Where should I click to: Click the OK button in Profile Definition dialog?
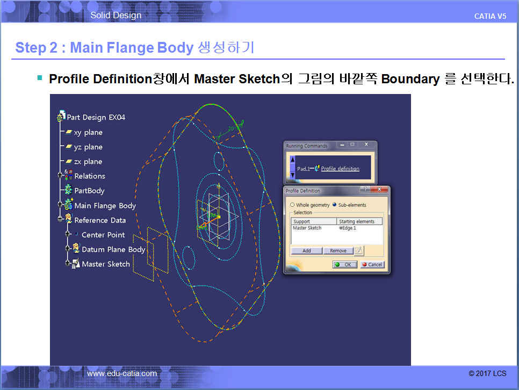point(344,264)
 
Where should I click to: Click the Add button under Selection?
point(306,251)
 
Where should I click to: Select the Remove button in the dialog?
point(338,251)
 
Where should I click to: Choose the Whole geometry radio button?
point(292,205)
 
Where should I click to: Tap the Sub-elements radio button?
point(334,205)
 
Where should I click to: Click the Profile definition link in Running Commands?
point(340,169)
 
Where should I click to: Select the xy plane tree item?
point(88,133)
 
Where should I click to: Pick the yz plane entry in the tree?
point(88,147)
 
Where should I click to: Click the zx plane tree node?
point(88,162)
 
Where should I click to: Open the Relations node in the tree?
point(90,176)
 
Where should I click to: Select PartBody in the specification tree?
point(89,191)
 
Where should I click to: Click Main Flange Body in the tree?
point(105,206)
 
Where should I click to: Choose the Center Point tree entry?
point(103,235)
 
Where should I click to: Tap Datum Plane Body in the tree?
point(113,249)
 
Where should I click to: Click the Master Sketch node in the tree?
point(106,264)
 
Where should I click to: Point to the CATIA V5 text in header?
point(490,16)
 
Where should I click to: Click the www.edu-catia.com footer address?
point(122,373)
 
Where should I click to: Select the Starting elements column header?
point(357,221)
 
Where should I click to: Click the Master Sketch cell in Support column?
point(307,228)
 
